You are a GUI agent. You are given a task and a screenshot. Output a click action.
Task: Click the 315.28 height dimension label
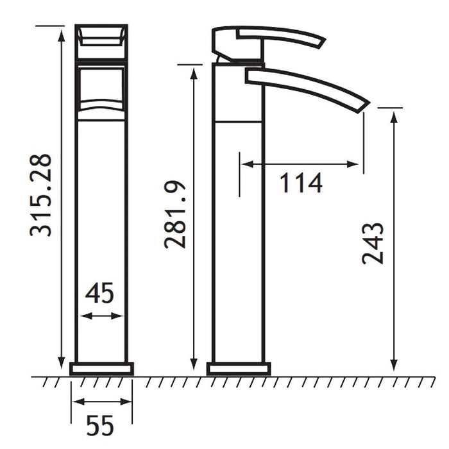coord(40,195)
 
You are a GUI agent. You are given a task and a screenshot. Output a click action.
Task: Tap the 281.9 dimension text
coord(174,214)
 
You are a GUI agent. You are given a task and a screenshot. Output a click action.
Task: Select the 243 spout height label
coord(372,243)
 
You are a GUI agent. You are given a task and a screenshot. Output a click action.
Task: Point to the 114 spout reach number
coord(301,183)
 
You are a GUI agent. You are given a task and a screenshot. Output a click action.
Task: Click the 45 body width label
coord(99,293)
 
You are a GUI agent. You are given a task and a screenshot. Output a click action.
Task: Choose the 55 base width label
coord(100,425)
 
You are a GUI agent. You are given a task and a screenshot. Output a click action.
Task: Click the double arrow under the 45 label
coord(101,316)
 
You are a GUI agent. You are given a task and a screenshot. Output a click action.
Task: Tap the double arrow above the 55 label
coord(101,402)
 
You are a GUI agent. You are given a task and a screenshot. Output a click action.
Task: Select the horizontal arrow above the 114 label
coord(300,164)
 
